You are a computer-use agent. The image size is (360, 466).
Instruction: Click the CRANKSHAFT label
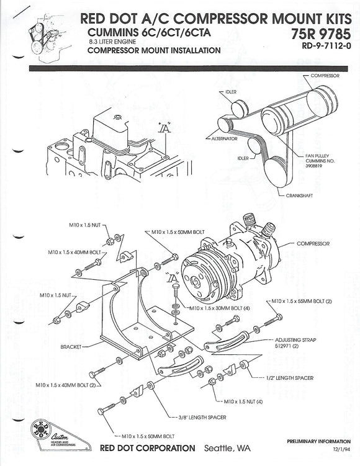pyautogui.click(x=300, y=194)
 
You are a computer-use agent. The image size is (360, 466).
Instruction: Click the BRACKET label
pyautogui.click(x=73, y=346)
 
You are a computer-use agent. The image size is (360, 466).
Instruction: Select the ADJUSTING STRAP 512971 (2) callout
pyautogui.click(x=292, y=344)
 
